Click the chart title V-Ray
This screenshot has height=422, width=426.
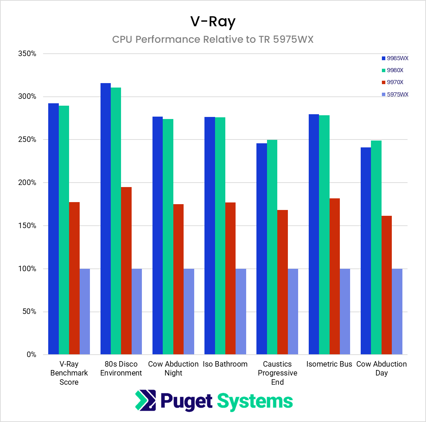213,22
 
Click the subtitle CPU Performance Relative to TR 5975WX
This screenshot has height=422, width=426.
213,39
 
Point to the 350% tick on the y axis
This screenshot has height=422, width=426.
27,54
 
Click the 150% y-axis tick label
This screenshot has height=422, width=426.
27,226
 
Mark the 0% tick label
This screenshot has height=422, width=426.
31,355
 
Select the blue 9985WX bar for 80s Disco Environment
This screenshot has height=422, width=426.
106,219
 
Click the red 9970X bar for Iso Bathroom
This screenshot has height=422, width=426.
230,278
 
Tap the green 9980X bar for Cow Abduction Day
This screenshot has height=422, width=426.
376,248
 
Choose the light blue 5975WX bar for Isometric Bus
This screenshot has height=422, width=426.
345,312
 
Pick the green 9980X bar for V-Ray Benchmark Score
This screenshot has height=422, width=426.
64,230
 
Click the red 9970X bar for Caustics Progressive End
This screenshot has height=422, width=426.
282,282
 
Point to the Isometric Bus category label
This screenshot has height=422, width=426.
329,364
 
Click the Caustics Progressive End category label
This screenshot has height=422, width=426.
277,373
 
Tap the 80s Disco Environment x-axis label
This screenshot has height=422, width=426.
121,369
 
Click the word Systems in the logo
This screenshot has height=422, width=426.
255,401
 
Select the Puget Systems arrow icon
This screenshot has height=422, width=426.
146,400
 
